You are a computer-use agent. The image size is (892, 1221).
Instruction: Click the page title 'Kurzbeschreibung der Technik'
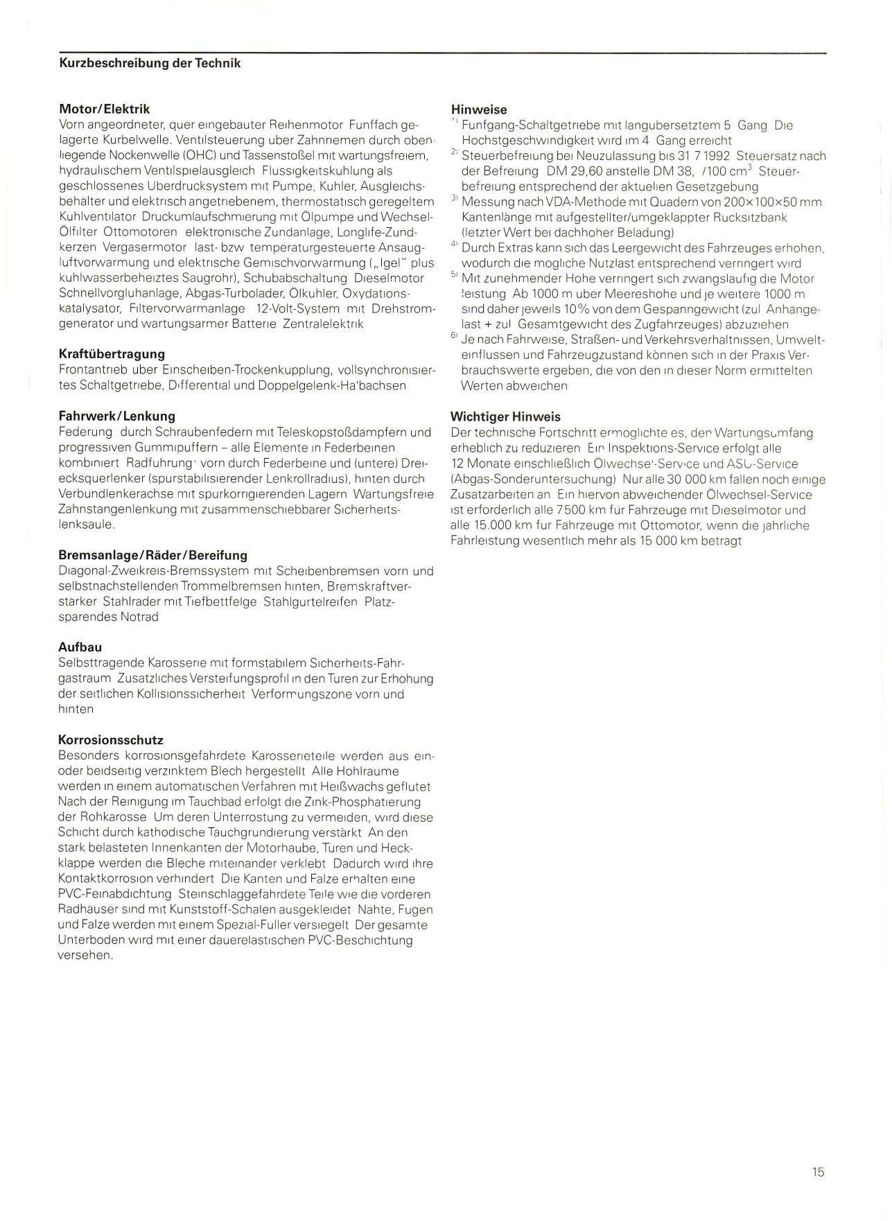point(150,63)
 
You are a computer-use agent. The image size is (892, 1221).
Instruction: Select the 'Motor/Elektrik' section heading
point(104,109)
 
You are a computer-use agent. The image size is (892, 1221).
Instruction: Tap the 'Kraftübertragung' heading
point(112,354)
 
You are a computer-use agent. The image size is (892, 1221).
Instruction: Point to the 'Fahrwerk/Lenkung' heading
point(116,416)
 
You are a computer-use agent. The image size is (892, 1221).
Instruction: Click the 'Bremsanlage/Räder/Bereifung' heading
point(152,555)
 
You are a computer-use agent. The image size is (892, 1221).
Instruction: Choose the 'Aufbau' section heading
point(80,647)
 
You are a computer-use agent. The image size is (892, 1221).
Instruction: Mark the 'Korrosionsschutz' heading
point(111,740)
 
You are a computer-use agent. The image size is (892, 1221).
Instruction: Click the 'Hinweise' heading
point(478,109)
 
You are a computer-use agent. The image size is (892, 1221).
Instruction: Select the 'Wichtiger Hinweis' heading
point(505,416)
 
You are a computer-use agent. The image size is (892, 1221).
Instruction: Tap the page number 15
point(818,1172)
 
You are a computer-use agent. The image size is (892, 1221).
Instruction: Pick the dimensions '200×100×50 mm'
point(769,202)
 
